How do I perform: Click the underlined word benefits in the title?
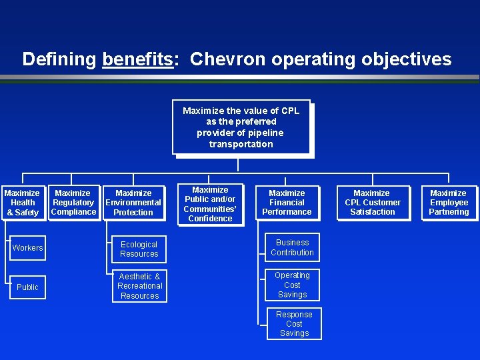pos(137,59)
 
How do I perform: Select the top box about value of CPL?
pos(241,127)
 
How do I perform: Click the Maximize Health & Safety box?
pos(23,203)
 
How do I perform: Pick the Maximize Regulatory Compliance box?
pos(73,203)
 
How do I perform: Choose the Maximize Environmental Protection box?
pos(133,203)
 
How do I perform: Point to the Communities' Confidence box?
pos(210,204)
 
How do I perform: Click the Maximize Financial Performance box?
pos(287,203)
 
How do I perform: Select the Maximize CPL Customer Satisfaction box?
pos(373,203)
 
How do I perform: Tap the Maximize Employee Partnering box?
pos(449,203)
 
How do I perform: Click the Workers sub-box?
pos(27,248)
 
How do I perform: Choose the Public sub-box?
pos(27,287)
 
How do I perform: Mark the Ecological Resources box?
pos(139,249)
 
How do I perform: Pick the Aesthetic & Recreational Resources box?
pos(139,286)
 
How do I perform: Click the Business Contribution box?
pos(292,247)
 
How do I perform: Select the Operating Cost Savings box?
pos(292,285)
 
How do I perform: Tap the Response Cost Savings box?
pos(294,324)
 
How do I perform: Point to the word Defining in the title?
pos(59,59)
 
